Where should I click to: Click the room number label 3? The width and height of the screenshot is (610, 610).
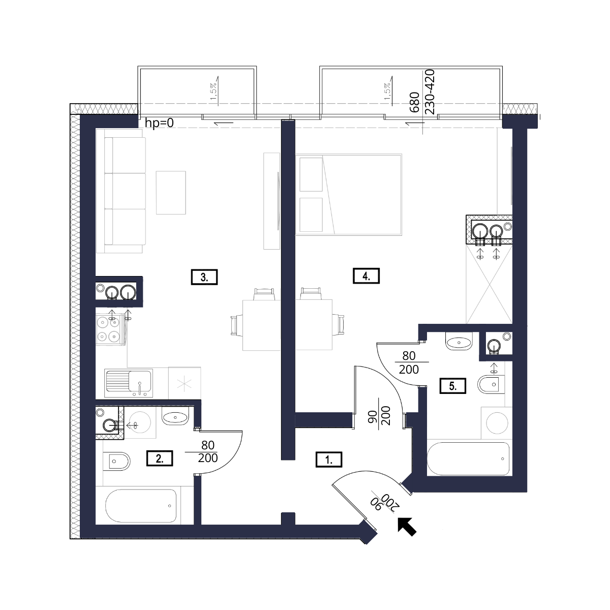pyautogui.click(x=204, y=277)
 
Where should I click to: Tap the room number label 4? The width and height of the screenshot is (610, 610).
pyautogui.click(x=366, y=276)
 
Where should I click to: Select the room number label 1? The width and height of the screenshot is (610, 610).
pyautogui.click(x=329, y=460)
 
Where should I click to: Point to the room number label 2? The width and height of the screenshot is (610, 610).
pyautogui.click(x=160, y=458)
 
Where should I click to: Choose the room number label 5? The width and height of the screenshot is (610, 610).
pyautogui.click(x=453, y=386)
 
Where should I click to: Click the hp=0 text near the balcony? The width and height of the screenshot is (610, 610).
pyautogui.click(x=159, y=123)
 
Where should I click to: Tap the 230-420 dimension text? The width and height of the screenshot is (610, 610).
pyautogui.click(x=430, y=92)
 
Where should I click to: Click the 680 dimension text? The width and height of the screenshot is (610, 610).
pyautogui.click(x=414, y=102)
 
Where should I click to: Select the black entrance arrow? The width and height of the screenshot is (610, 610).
pyautogui.click(x=407, y=527)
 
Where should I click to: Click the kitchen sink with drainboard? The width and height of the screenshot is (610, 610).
pyautogui.click(x=129, y=383)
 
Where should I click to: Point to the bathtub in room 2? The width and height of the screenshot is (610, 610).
pyautogui.click(x=140, y=506)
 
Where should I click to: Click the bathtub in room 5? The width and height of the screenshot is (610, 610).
pyautogui.click(x=468, y=459)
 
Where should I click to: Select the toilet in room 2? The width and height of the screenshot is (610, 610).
pyautogui.click(x=116, y=461)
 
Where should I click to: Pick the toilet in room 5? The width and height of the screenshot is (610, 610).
pyautogui.click(x=491, y=384)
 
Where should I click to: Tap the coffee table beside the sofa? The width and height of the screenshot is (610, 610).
pyautogui.click(x=171, y=193)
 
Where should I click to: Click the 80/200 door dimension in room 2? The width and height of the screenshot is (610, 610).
pyautogui.click(x=208, y=451)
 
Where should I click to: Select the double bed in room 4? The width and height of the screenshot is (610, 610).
pyautogui.click(x=349, y=194)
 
